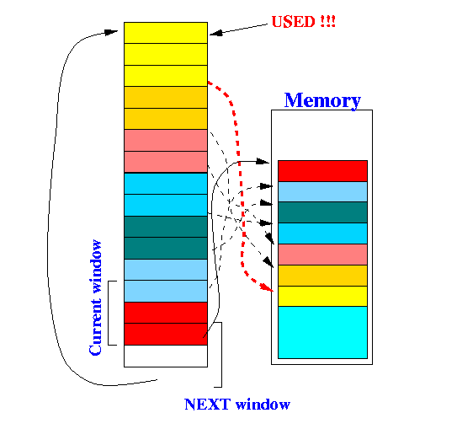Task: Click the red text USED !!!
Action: pyautogui.click(x=303, y=22)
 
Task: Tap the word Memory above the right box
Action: pyautogui.click(x=322, y=100)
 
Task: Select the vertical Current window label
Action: pyautogui.click(x=95, y=298)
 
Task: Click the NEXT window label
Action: pyautogui.click(x=237, y=405)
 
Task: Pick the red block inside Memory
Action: pyautogui.click(x=322, y=171)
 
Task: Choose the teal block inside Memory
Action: pyautogui.click(x=322, y=212)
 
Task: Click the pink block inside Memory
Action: pyautogui.click(x=322, y=255)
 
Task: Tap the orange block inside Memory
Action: pyautogui.click(x=322, y=276)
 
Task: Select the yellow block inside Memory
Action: pyautogui.click(x=322, y=296)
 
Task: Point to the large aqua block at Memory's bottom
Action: pyautogui.click(x=322, y=332)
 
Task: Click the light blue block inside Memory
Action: pyautogui.click(x=322, y=191)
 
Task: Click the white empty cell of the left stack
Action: pyautogui.click(x=166, y=356)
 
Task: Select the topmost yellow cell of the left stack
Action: pyautogui.click(x=166, y=33)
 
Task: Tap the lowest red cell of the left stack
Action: pyautogui.click(x=166, y=334)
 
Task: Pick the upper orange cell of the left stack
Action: pyautogui.click(x=166, y=97)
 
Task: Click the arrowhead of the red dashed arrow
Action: pyautogui.click(x=268, y=287)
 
